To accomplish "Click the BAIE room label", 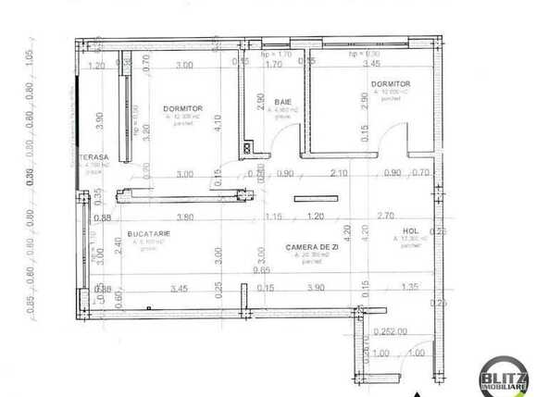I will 282,101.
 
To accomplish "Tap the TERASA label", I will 94,156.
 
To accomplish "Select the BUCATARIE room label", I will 149,235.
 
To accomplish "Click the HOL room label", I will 412,231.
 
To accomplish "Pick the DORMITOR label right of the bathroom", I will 390,83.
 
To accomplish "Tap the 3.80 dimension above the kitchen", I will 185,217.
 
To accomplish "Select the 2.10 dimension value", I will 339,173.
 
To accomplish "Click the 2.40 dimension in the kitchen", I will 118,245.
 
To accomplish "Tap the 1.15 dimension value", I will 272,217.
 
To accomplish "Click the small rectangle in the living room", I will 308,198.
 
